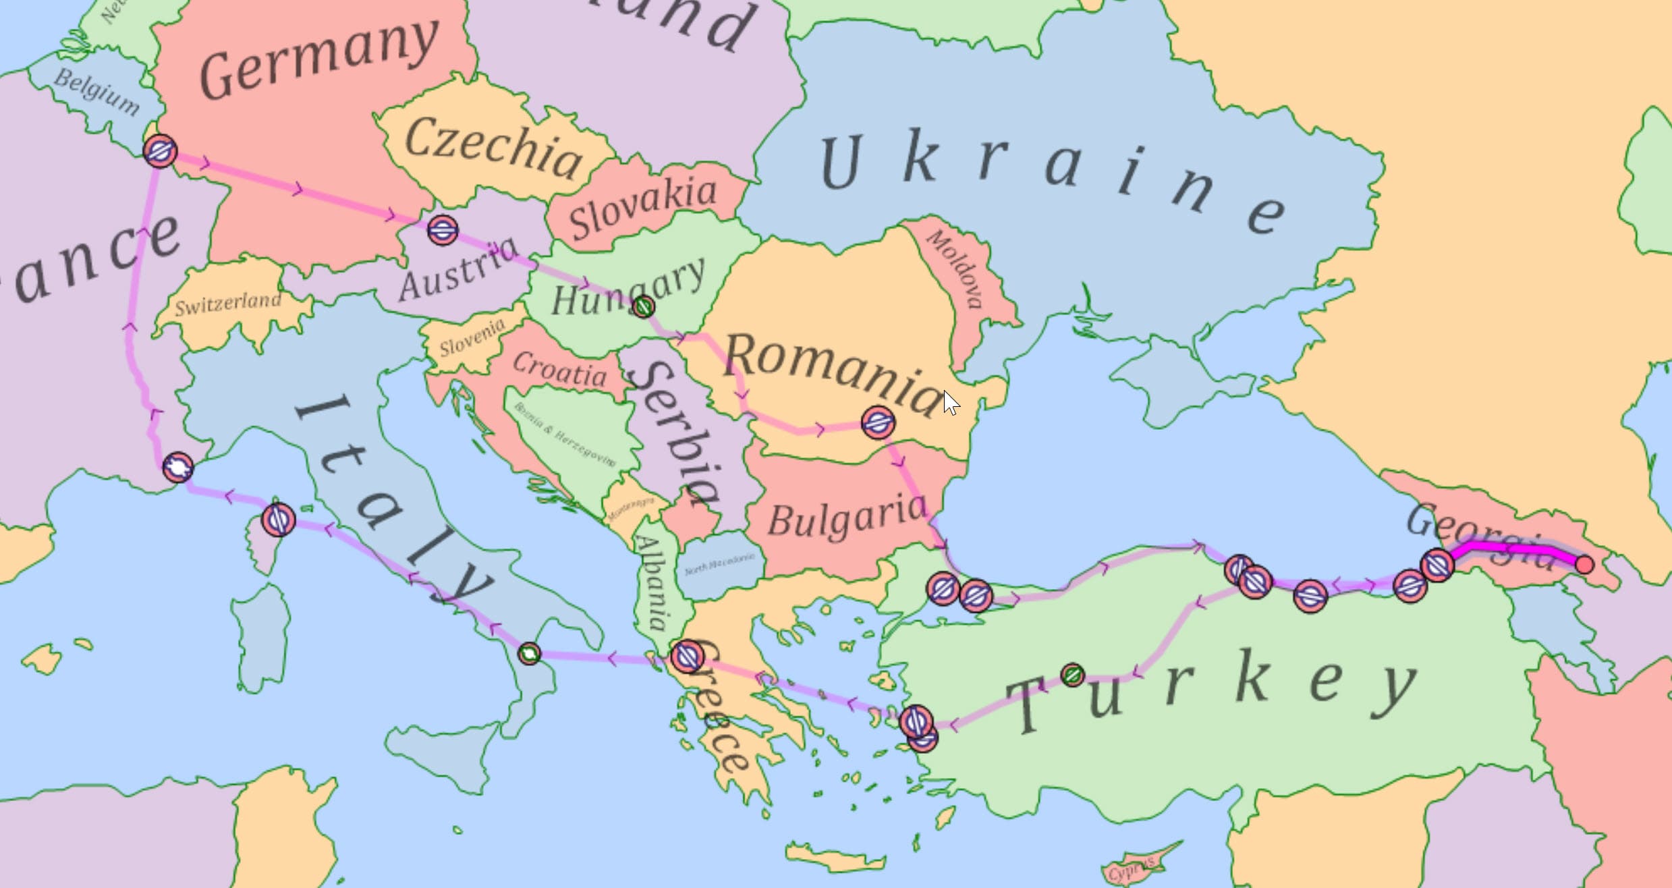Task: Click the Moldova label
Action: click(955, 269)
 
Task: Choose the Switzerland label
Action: click(228, 303)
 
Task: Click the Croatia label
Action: click(559, 370)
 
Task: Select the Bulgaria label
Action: click(847, 516)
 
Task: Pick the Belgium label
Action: click(96, 92)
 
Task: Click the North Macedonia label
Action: click(719, 564)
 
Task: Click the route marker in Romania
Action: click(879, 423)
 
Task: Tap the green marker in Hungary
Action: click(644, 307)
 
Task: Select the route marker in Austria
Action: click(443, 231)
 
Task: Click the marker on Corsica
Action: click(278, 520)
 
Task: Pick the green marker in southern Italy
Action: click(529, 653)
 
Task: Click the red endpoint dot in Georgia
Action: click(1584, 564)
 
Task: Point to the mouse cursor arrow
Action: click(950, 402)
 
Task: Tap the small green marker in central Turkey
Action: click(1072, 674)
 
